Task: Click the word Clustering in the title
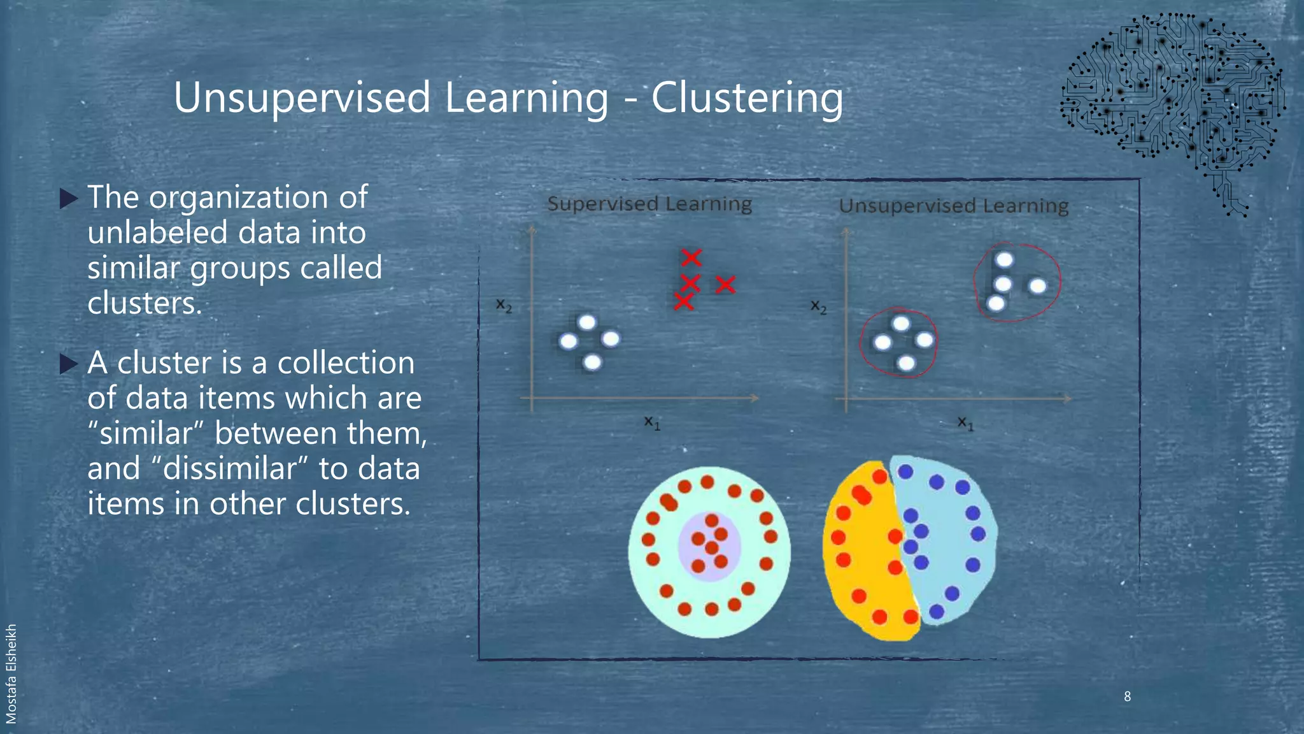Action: point(747,99)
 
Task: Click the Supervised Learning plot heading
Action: point(649,204)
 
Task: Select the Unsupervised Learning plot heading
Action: point(953,206)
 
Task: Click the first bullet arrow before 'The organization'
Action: point(68,198)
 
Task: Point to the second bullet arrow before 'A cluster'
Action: point(68,364)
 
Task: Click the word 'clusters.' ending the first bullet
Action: point(145,303)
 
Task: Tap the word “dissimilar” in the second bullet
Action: point(232,469)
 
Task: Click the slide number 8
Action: point(1127,696)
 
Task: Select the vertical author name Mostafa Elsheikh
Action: point(11,673)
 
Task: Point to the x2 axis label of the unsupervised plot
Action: point(818,307)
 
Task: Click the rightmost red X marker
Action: point(725,284)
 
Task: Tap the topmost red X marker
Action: point(691,257)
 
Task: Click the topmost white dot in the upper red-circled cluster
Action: point(1004,260)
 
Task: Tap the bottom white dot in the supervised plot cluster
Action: point(592,362)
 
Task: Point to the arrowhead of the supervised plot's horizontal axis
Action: point(755,398)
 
